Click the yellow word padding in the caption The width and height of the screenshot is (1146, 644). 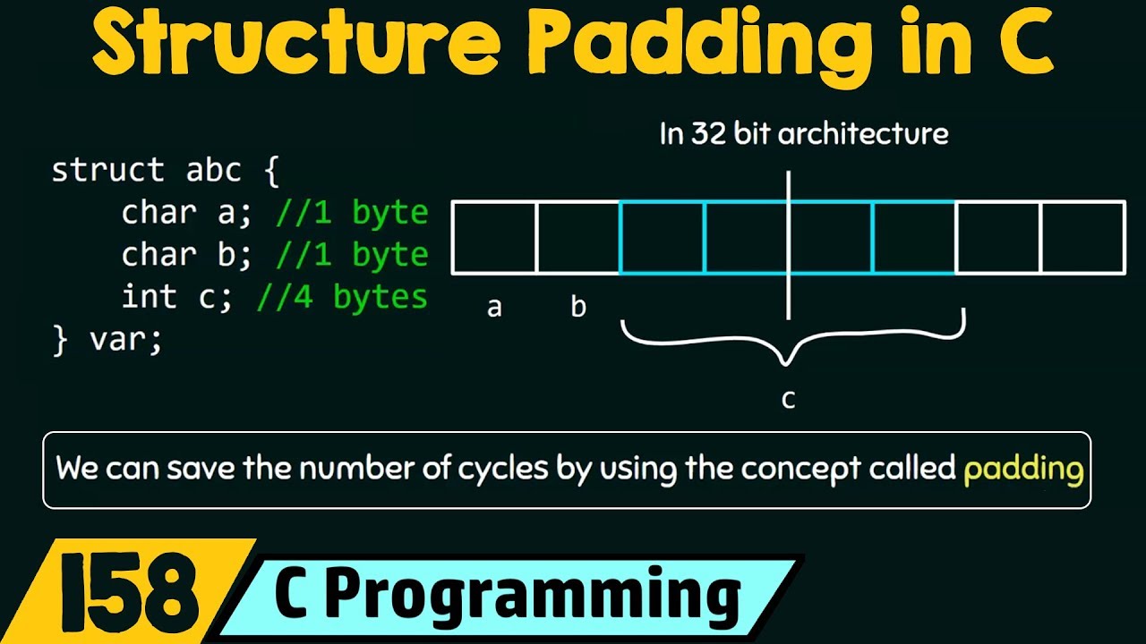pos(1023,468)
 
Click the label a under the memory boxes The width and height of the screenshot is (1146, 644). pos(493,309)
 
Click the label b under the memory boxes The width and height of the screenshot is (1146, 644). pos(578,308)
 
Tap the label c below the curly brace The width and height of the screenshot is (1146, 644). pos(788,400)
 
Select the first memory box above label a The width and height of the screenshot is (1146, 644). pos(494,237)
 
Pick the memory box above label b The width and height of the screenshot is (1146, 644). pos(578,237)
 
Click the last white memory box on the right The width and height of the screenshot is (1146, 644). pos(1082,237)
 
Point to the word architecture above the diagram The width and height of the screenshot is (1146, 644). pos(862,134)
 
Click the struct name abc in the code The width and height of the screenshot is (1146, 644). pos(215,170)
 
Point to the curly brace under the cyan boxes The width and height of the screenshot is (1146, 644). pos(789,340)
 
